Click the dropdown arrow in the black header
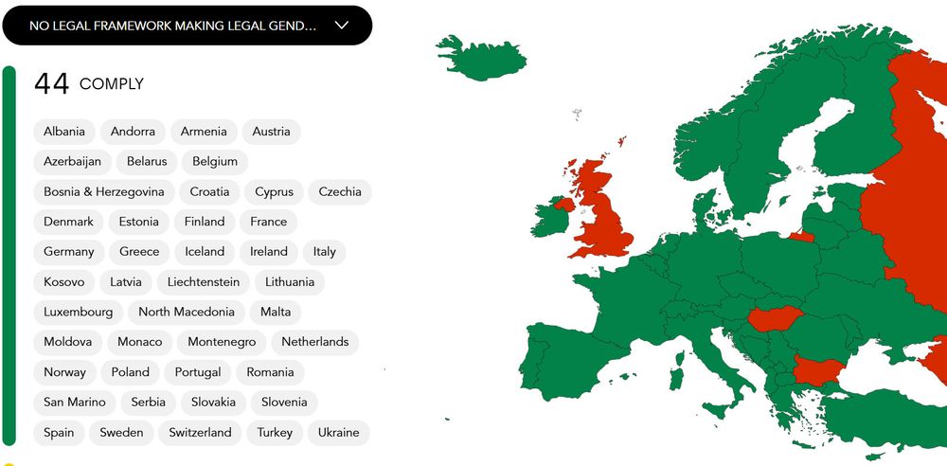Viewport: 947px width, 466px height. [x=343, y=26]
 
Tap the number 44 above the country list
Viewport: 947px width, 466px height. [x=51, y=84]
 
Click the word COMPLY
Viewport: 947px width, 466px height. [x=112, y=84]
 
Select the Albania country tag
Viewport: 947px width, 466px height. [x=64, y=132]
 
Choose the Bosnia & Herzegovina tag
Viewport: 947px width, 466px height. [x=104, y=191]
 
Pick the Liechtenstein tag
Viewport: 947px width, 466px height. [x=204, y=282]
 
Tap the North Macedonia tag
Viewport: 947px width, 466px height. [x=187, y=312]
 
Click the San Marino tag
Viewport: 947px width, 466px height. [x=74, y=403]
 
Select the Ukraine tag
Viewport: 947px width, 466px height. [x=338, y=433]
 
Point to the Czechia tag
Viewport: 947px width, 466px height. [x=340, y=191]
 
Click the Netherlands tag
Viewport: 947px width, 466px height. [x=315, y=342]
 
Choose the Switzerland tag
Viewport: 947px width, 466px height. [x=200, y=433]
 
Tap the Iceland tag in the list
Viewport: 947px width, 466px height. [x=205, y=252]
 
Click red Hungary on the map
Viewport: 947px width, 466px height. [x=774, y=320]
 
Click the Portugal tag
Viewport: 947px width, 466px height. [x=199, y=372]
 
